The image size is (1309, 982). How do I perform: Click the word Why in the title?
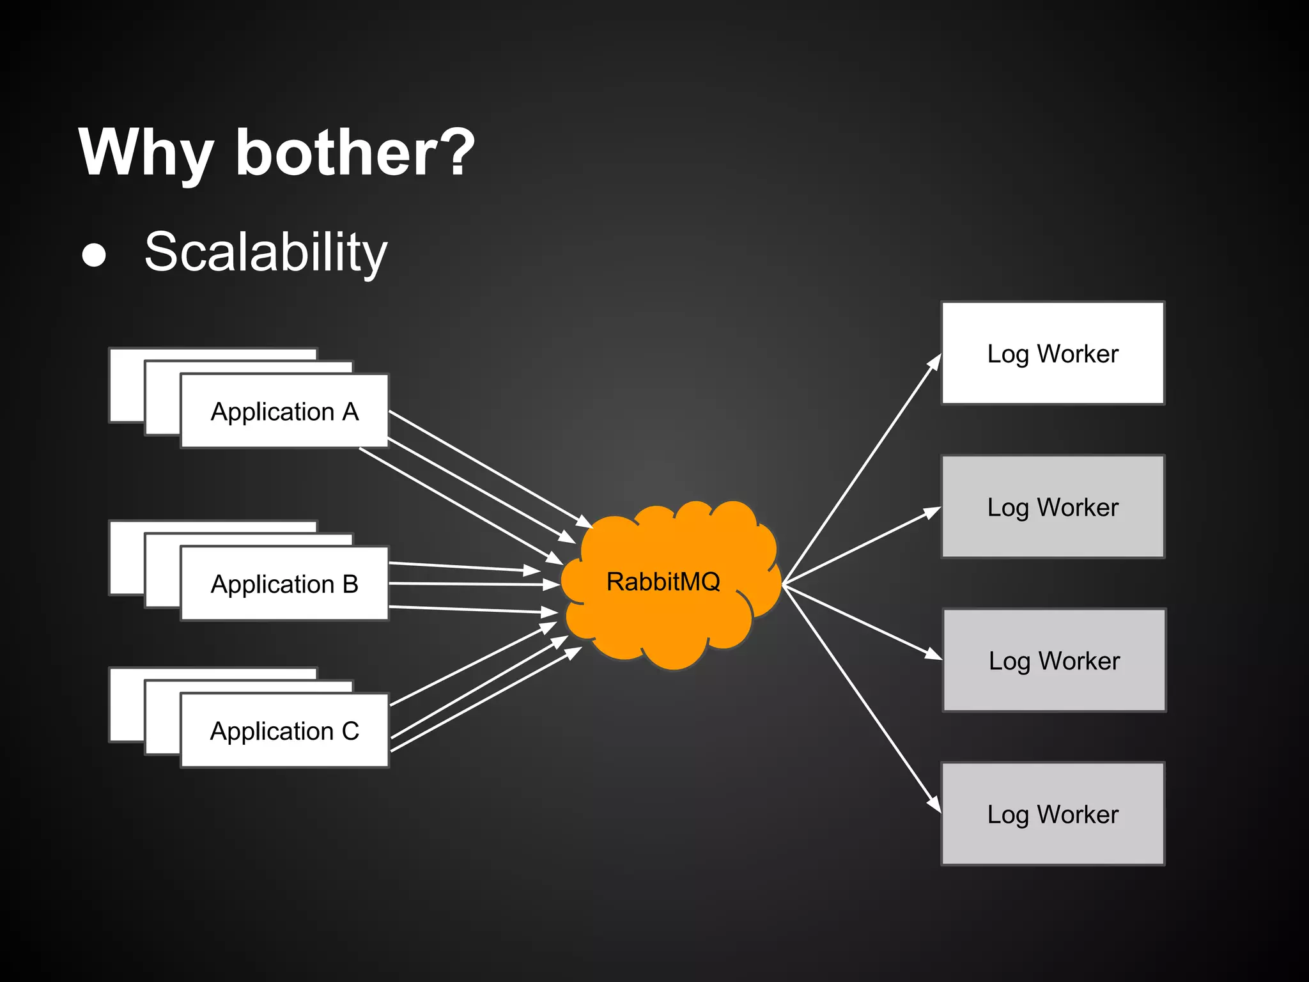146,153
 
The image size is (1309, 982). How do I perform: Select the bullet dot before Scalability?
94,254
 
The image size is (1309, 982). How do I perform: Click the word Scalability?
266,253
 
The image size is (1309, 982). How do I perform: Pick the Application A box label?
284,412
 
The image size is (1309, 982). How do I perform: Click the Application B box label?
284,584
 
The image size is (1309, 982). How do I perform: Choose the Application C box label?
284,731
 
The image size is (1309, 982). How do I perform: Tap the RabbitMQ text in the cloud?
663,582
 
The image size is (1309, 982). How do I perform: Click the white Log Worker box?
1053,354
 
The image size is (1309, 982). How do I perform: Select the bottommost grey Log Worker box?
1053,814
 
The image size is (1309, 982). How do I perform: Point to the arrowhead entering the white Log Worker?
935,362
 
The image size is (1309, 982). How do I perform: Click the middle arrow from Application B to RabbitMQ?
473,584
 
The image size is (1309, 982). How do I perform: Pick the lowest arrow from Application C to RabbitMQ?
486,698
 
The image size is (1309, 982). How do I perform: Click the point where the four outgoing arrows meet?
784,584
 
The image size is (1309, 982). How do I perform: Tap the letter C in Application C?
350,731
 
